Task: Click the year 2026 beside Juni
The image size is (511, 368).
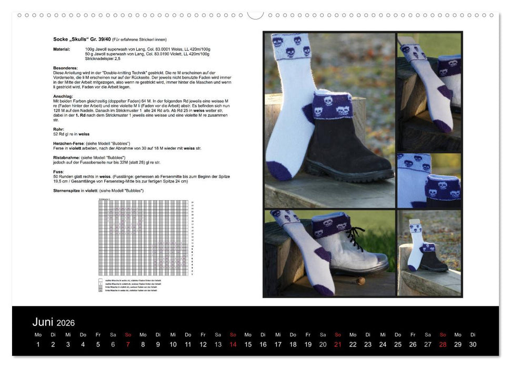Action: (x=66, y=323)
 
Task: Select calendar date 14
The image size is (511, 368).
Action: (x=233, y=344)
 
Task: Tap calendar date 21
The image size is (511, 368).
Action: (x=338, y=344)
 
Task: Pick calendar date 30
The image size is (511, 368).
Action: (x=473, y=344)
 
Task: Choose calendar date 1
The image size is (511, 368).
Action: (x=38, y=344)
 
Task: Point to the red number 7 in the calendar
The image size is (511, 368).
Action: (x=128, y=344)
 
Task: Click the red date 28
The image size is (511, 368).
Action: (x=443, y=344)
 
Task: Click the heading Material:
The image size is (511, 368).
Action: (x=62, y=49)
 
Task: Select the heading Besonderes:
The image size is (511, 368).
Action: (x=66, y=68)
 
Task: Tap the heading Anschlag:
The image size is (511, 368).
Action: (x=63, y=96)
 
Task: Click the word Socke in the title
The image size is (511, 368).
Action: (x=61, y=39)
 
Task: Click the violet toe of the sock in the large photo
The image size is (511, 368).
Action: (x=279, y=171)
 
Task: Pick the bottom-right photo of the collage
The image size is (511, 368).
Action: (x=429, y=253)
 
